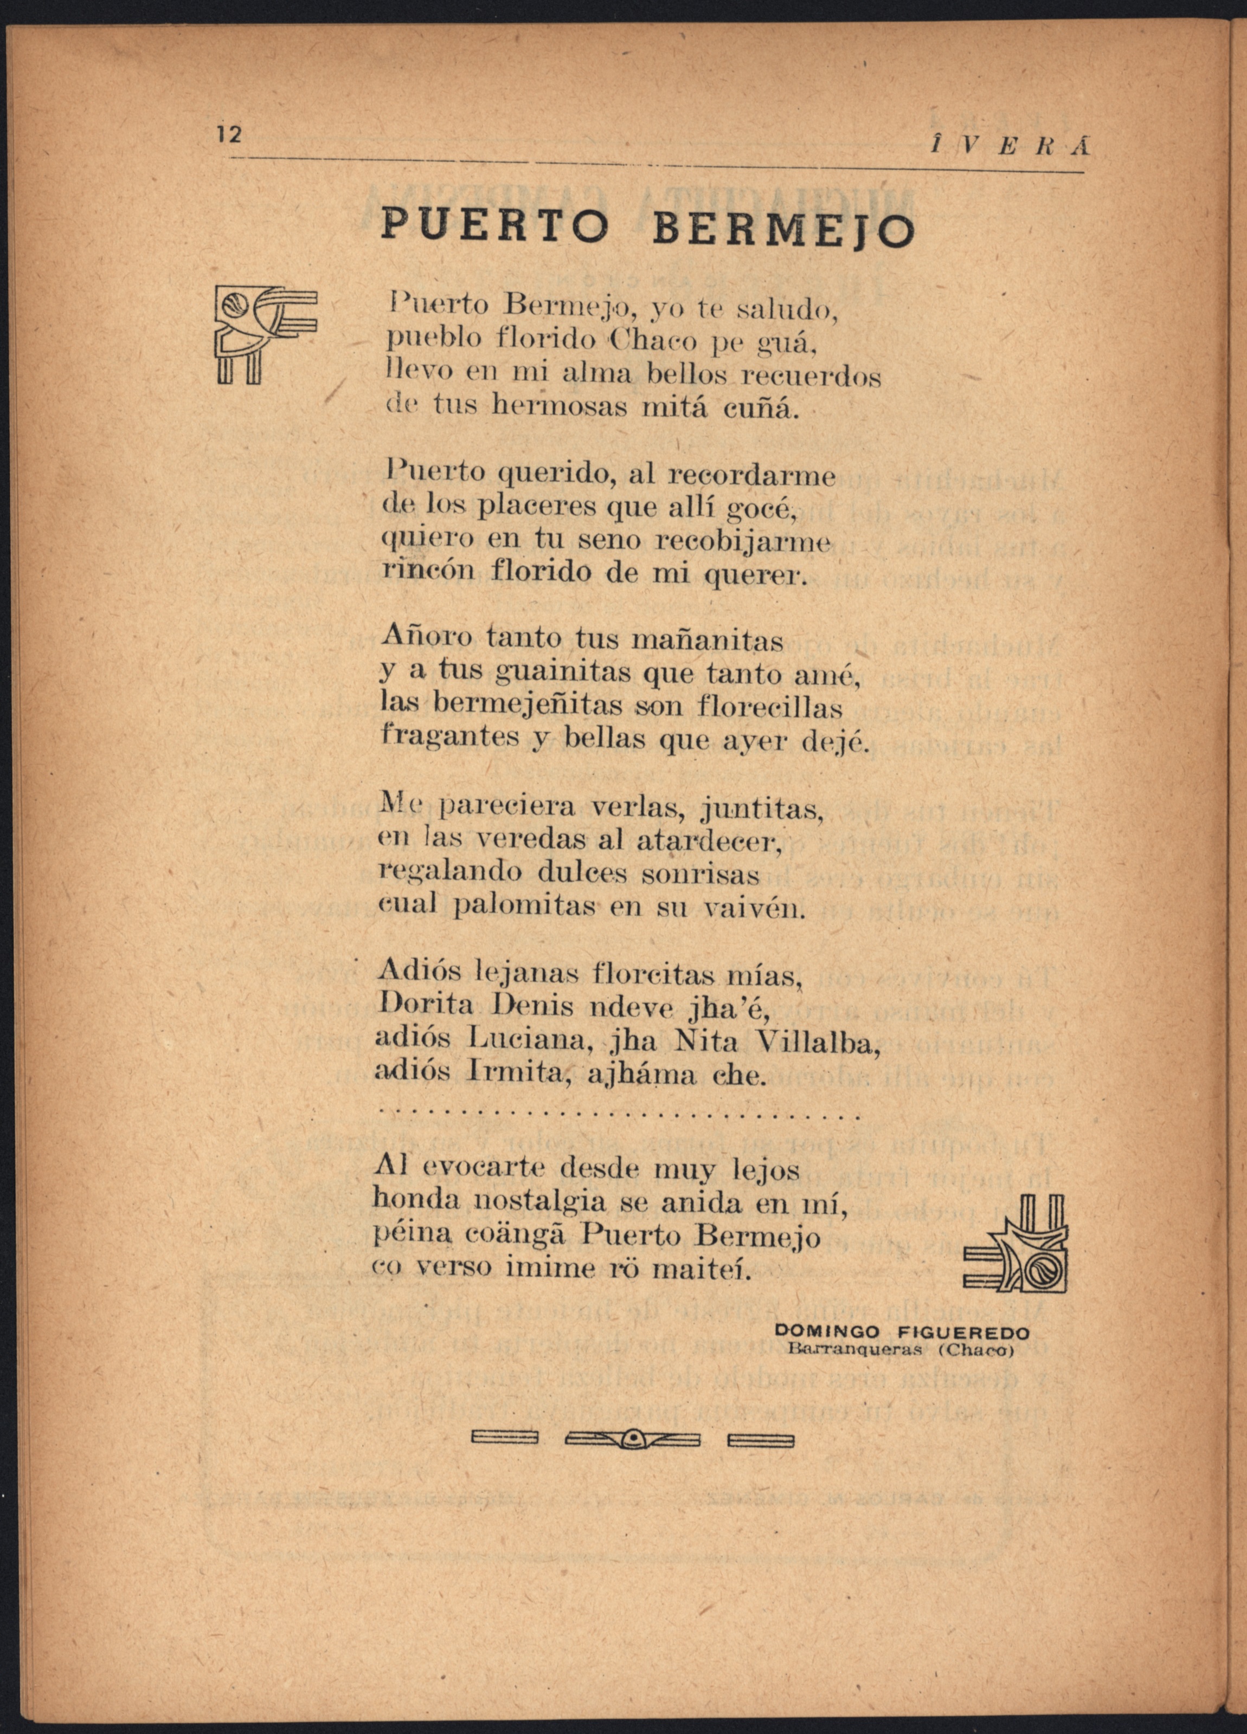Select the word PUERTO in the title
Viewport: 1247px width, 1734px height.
point(495,224)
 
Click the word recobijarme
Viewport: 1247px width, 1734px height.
point(744,542)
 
